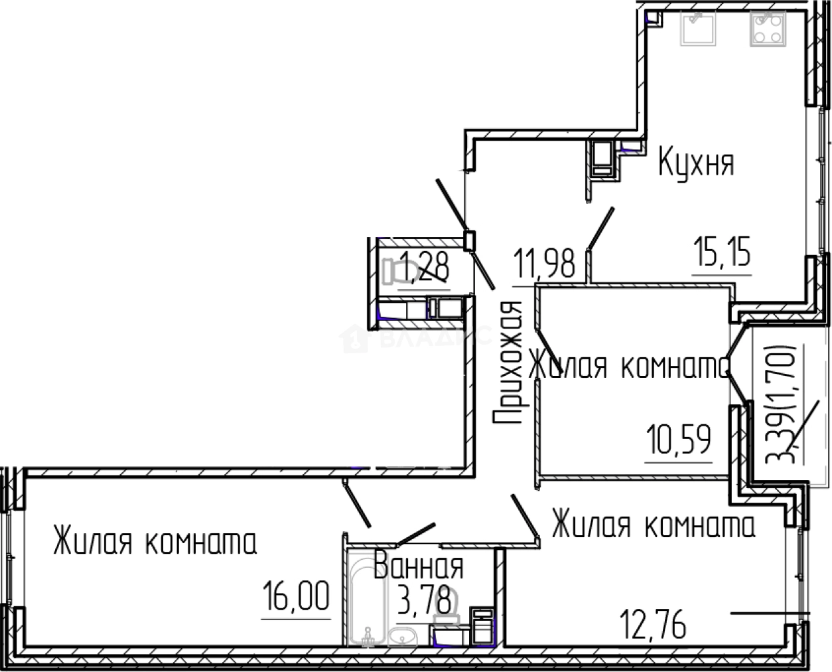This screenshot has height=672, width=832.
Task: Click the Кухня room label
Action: pos(696,163)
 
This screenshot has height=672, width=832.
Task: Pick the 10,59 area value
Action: pos(679,440)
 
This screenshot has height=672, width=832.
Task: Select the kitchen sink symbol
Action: pos(697,27)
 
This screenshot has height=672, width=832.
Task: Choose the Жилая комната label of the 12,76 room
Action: pos(654,526)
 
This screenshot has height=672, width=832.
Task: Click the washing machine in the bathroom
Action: pos(481,626)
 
